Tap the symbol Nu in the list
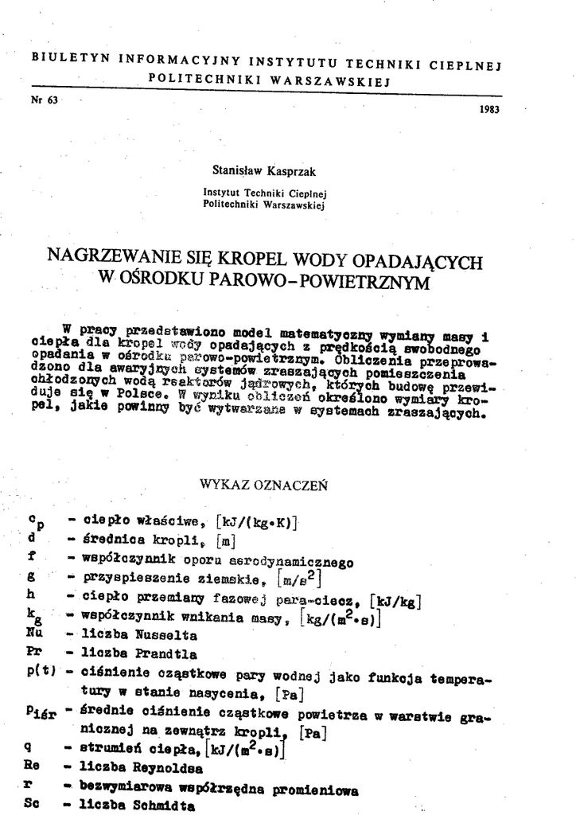(x=34, y=634)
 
